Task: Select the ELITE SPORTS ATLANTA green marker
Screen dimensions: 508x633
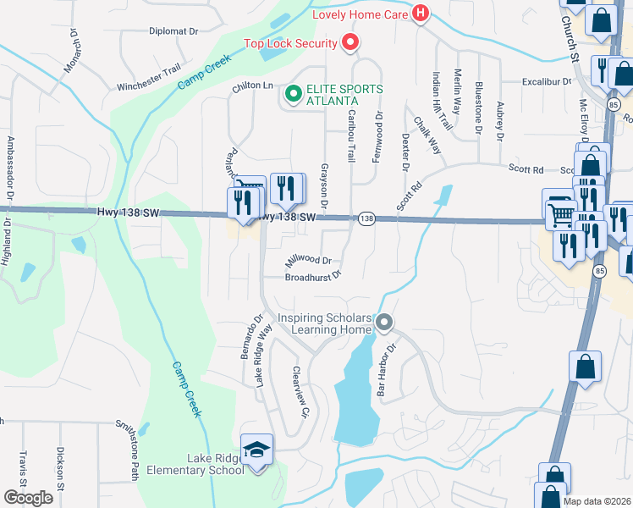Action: (294, 94)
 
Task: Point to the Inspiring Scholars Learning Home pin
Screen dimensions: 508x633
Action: (384, 323)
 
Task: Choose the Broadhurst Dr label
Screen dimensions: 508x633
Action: (312, 276)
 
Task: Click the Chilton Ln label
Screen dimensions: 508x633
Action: (253, 86)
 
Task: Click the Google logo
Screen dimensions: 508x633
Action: (28, 497)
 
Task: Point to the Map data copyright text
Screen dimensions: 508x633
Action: (597, 501)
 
